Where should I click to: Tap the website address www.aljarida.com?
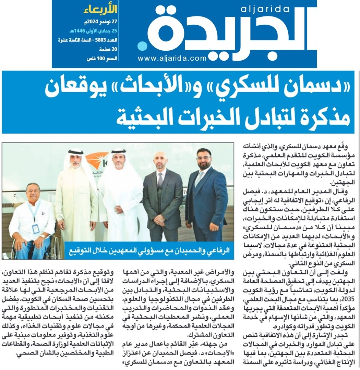[x=172, y=59]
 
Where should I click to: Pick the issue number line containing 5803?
[x=87, y=40]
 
